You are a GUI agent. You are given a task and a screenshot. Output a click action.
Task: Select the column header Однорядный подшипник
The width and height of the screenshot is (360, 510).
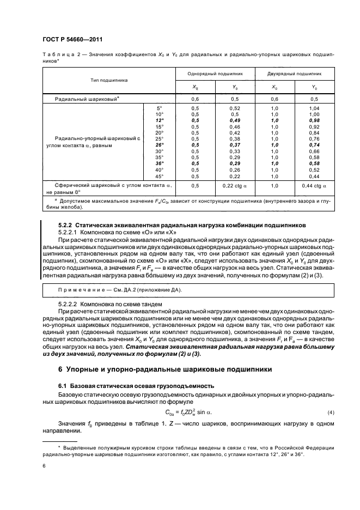215,72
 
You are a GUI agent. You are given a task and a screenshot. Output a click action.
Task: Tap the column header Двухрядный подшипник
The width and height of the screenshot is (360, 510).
295,72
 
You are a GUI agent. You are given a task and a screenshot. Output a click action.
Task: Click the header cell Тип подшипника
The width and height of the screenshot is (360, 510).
109,80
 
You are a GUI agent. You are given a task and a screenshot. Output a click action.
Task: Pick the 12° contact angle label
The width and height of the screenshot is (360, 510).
159,120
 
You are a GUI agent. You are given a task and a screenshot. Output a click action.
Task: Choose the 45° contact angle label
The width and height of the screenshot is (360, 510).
159,176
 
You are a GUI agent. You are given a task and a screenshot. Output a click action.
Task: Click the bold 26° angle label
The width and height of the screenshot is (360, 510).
159,145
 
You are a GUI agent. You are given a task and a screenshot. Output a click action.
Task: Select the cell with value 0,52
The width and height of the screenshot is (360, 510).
235,108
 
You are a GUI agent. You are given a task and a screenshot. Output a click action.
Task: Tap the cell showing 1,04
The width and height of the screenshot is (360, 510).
314,108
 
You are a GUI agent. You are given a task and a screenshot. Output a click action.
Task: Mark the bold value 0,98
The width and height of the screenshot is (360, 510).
314,120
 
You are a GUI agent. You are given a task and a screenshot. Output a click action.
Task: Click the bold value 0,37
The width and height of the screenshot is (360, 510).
235,145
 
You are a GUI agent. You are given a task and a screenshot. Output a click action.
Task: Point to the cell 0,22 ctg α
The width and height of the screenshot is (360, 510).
235,186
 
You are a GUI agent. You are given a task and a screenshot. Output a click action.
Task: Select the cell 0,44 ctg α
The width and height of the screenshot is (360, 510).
314,186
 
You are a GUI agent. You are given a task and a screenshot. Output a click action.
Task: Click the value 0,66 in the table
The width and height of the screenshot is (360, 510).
314,151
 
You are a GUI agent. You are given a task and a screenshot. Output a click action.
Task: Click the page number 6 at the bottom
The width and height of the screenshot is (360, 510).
44,465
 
